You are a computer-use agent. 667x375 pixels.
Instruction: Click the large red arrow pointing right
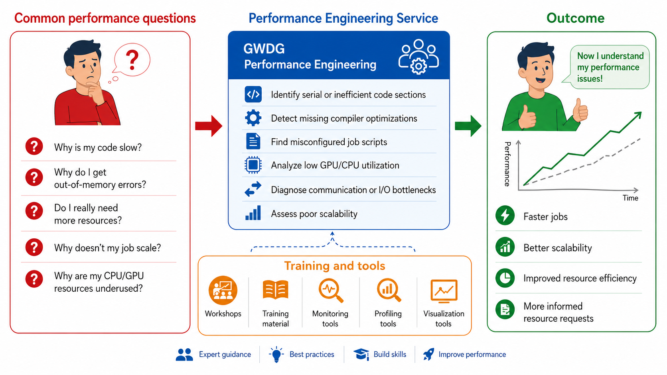[x=209, y=126]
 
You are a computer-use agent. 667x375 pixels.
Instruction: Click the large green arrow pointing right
[x=468, y=126]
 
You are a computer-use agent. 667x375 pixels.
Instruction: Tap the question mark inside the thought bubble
[x=132, y=60]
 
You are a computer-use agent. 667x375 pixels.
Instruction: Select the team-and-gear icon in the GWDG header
[x=418, y=57]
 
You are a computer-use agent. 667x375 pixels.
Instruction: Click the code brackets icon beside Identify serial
[x=253, y=94]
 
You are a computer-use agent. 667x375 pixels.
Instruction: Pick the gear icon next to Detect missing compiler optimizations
[x=253, y=118]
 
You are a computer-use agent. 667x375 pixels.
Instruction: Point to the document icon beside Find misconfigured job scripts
[x=253, y=141]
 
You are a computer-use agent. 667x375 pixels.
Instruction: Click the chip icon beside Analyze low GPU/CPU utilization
[x=253, y=165]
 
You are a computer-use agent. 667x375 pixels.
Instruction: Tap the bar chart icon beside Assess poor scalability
[x=253, y=213]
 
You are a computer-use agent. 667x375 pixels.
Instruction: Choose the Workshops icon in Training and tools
[x=223, y=291]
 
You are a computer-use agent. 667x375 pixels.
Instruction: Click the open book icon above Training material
[x=275, y=289]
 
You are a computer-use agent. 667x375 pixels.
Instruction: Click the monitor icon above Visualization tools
[x=444, y=291]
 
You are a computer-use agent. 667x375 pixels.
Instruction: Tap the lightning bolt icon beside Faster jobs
[x=505, y=215]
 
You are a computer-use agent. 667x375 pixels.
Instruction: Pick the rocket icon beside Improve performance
[x=428, y=354]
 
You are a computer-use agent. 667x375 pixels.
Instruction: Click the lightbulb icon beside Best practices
[x=276, y=354]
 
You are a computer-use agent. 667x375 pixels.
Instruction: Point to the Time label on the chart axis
[x=630, y=198]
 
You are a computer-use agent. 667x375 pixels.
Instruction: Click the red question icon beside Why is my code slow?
[x=34, y=146]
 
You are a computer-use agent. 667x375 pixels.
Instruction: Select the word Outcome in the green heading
[x=575, y=18]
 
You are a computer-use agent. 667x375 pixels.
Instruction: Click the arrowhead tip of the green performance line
[x=641, y=112]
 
